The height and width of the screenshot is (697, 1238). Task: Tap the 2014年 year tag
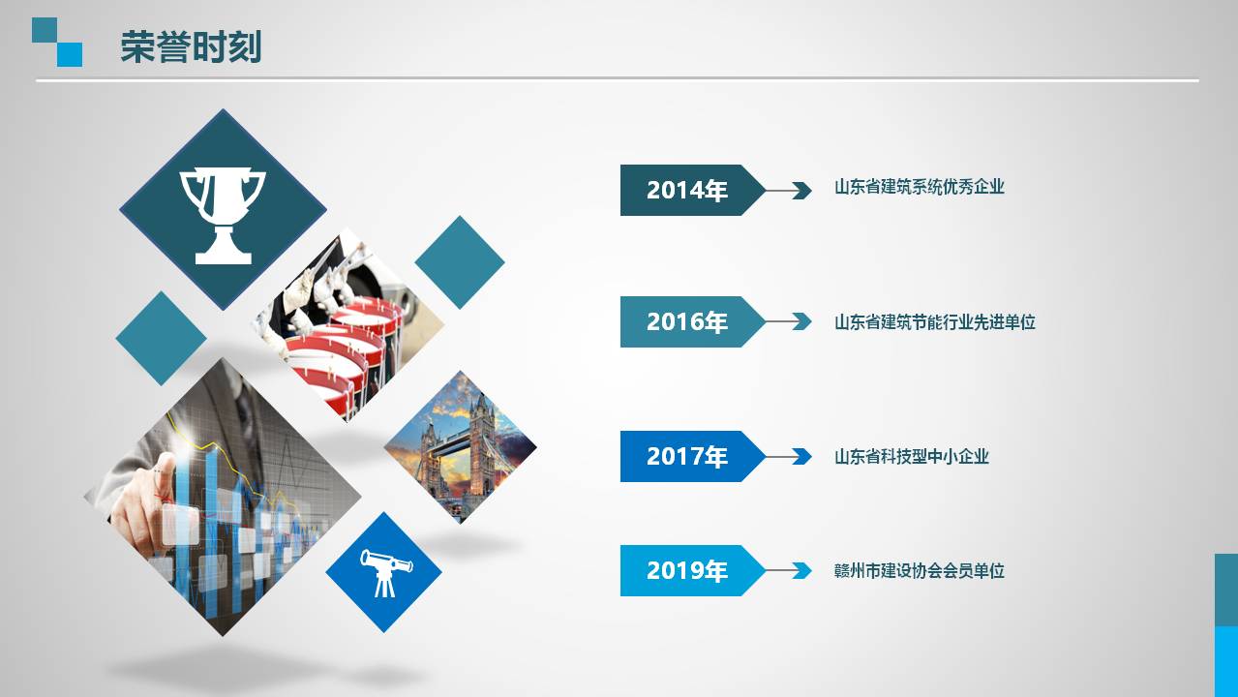[686, 191]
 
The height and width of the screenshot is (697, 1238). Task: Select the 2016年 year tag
[686, 322]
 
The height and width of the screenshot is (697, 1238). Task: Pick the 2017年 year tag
[686, 456]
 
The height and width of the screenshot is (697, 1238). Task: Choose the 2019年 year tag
[686, 571]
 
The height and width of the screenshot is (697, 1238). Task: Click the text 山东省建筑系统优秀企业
[920, 188]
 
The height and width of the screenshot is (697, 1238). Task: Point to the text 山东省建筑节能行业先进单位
[935, 322]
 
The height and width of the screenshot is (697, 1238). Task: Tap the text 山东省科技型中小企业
[912, 456]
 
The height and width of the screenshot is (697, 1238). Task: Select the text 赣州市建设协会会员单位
[920, 571]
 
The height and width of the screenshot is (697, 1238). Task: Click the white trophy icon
[223, 214]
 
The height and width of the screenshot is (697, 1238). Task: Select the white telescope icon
[385, 571]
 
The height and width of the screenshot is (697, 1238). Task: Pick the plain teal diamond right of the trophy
[460, 261]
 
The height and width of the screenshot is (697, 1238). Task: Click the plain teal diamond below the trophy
[161, 338]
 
